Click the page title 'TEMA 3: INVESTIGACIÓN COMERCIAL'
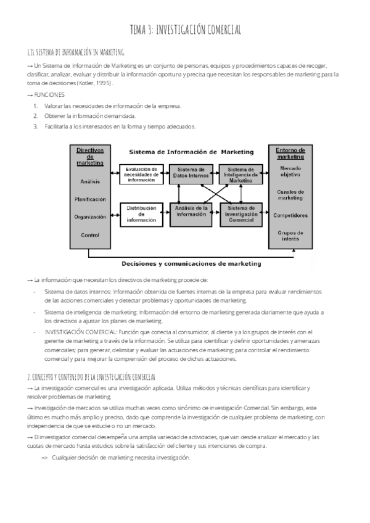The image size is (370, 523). pyautogui.click(x=185, y=30)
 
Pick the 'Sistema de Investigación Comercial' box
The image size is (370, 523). pyautogui.click(x=240, y=213)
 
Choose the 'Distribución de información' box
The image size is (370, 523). pyautogui.click(x=141, y=214)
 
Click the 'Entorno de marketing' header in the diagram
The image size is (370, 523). pyautogui.click(x=290, y=154)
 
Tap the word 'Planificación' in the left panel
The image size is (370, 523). pyautogui.click(x=90, y=199)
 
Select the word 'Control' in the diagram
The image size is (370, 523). pyautogui.click(x=90, y=235)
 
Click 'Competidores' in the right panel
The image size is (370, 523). pyautogui.click(x=290, y=215)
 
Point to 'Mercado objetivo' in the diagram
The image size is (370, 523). pyautogui.click(x=290, y=171)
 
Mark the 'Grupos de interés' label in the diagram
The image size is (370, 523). pyautogui.click(x=290, y=236)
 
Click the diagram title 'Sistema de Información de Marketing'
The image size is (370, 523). pyautogui.click(x=191, y=151)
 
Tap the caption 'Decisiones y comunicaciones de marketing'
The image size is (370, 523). pyautogui.click(x=191, y=264)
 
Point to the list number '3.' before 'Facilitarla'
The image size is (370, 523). pyautogui.click(x=36, y=126)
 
